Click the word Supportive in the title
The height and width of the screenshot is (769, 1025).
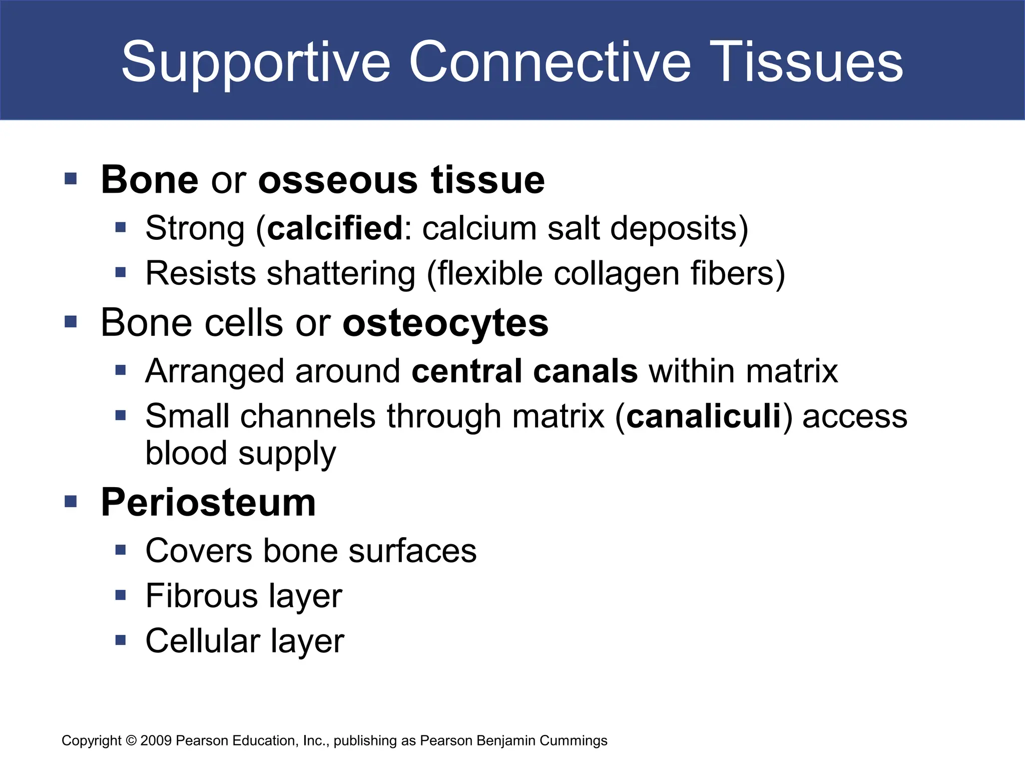click(255, 63)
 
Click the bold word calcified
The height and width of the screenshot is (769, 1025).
click(335, 228)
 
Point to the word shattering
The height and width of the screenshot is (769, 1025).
click(341, 274)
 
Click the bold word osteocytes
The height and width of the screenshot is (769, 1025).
click(445, 323)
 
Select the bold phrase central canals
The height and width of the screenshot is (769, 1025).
click(525, 371)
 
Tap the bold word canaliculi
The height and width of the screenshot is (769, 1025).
click(704, 416)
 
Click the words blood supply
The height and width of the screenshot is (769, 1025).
click(240, 453)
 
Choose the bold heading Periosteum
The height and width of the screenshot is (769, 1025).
click(208, 502)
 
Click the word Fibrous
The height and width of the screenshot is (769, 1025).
click(201, 596)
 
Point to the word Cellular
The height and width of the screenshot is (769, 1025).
click(203, 641)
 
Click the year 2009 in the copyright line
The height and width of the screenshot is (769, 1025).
click(156, 740)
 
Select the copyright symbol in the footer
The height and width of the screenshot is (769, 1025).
click(131, 740)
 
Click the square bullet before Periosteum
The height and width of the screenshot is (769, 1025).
click(71, 501)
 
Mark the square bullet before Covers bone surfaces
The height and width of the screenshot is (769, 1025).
click(120, 550)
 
